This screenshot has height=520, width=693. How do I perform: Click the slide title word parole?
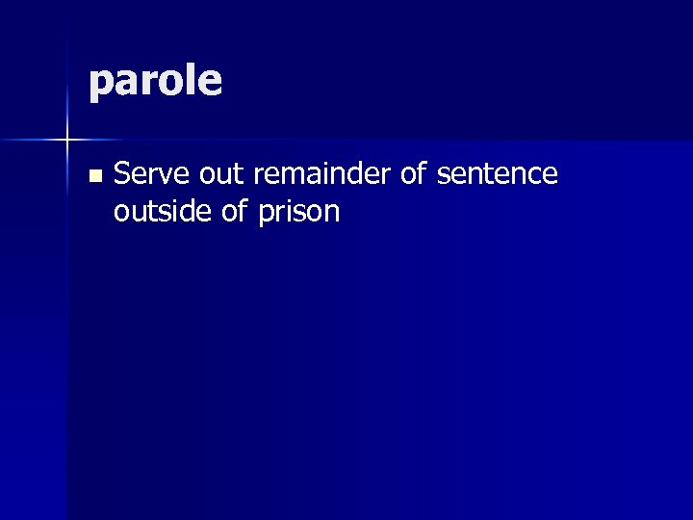155,83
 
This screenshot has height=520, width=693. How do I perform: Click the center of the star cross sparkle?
67,142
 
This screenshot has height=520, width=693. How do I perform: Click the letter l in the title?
191,80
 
